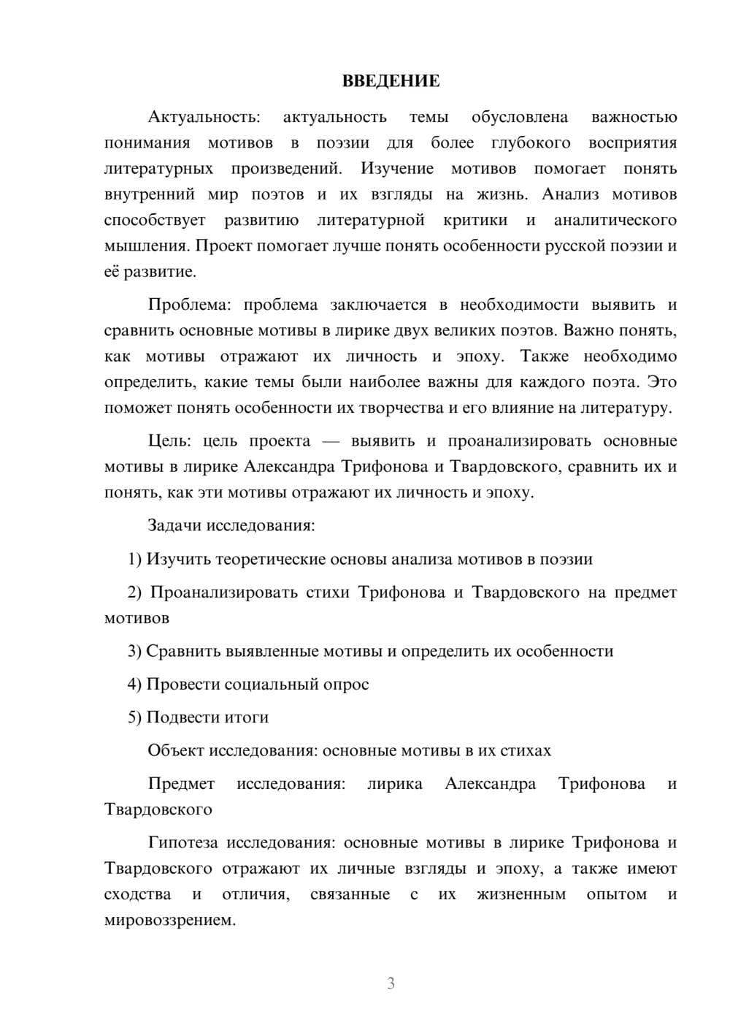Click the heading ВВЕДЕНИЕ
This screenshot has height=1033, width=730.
391,81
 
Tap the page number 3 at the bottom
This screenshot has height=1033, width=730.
391,983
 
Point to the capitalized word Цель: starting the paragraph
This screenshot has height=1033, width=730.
169,441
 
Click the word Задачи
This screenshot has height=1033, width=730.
174,525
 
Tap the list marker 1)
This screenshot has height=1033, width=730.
135,559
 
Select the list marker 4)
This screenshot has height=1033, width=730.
135,685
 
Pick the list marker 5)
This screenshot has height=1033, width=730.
135,717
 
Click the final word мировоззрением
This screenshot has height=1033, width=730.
170,920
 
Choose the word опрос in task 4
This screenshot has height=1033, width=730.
347,685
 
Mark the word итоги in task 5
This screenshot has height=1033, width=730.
246,717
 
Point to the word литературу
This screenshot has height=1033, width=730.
626,408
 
